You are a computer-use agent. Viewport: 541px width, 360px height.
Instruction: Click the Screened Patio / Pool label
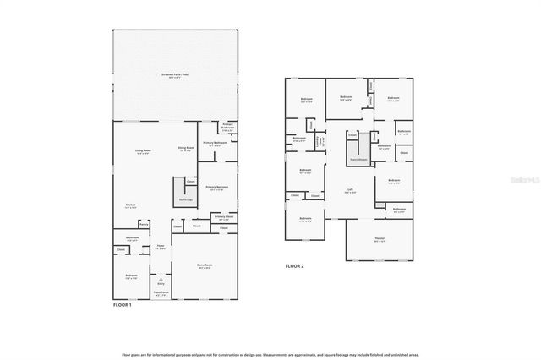tap(175, 75)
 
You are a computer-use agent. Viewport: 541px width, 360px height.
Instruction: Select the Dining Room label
tap(185, 148)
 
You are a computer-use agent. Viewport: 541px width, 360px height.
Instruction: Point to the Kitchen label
tap(131, 205)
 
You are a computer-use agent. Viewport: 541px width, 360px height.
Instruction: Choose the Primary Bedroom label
tap(216, 188)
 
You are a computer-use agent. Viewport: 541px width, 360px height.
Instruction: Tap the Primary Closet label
tap(224, 217)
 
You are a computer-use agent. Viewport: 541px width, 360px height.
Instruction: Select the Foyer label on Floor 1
tap(160, 247)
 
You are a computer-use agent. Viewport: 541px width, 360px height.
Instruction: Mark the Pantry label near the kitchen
tap(144, 224)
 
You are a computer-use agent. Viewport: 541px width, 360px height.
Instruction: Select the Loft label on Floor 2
tap(350, 190)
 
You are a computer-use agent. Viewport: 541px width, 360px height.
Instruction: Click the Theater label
tap(380, 238)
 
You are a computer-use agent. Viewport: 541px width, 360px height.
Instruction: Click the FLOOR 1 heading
tap(123, 304)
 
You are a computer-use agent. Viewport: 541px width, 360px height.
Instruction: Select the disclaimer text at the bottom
tap(270, 331)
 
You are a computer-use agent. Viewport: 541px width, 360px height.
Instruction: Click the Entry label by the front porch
tap(161, 283)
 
